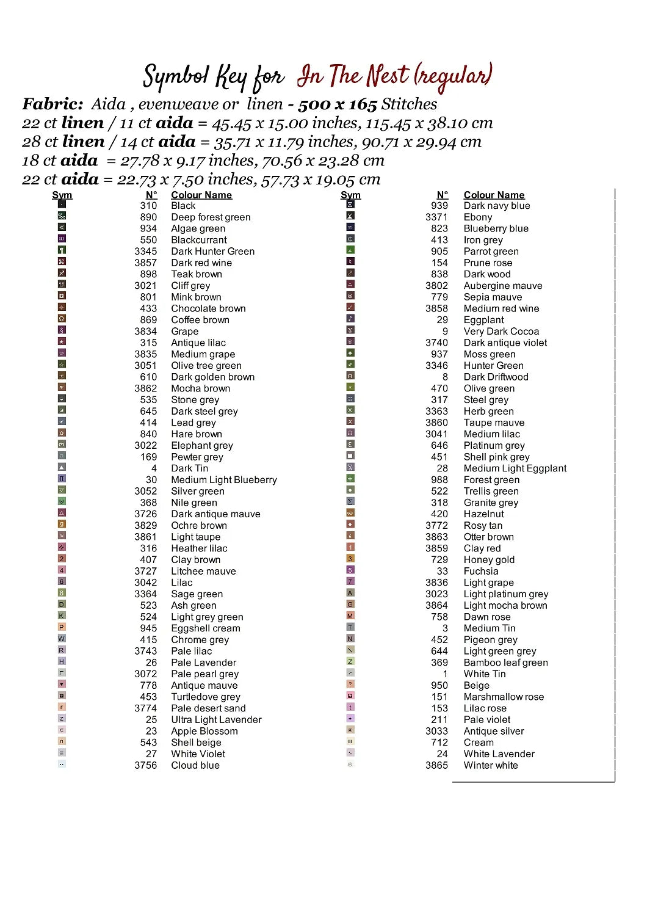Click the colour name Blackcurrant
click(198, 240)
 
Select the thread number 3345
click(145, 251)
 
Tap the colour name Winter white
click(490, 765)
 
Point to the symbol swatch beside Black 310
click(62, 205)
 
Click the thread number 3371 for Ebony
click(436, 217)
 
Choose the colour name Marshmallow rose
click(504, 697)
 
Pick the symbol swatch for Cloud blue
click(62, 764)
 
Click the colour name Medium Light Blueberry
click(223, 480)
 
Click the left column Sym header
click(62, 195)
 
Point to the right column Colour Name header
click(494, 195)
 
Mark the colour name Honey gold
click(489, 559)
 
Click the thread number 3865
click(436, 765)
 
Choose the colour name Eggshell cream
click(205, 628)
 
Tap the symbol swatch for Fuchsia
click(350, 570)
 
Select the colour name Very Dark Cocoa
click(501, 331)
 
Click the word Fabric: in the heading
click(53, 104)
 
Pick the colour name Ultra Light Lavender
click(216, 719)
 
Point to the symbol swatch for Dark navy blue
click(350, 205)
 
